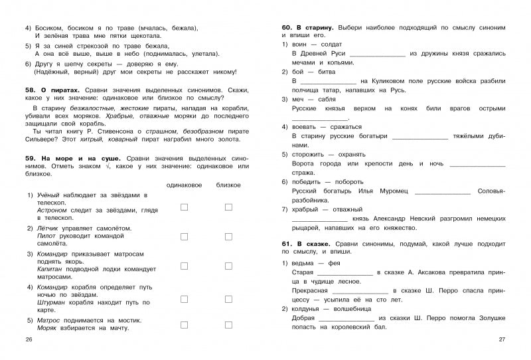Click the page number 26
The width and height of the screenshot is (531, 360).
click(x=27, y=340)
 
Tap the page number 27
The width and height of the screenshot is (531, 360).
click(x=502, y=340)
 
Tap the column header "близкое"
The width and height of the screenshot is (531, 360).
click(x=228, y=185)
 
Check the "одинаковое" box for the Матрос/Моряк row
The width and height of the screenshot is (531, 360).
click(x=185, y=323)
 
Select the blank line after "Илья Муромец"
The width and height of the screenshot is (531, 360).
click(x=442, y=191)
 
